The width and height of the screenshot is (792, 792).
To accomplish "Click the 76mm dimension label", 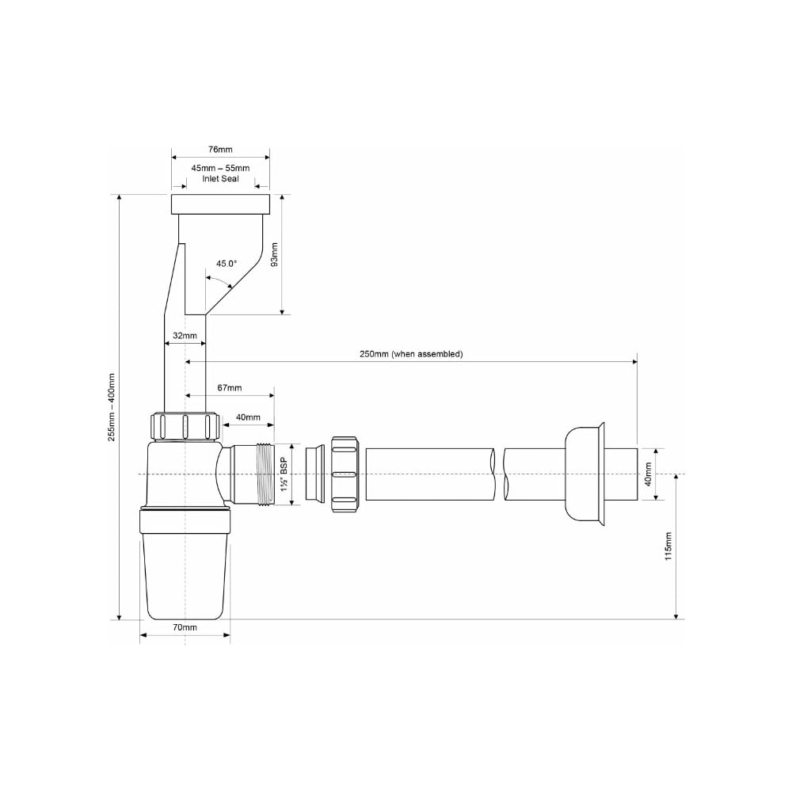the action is (220, 149).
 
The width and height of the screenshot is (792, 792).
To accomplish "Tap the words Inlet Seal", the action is (221, 178).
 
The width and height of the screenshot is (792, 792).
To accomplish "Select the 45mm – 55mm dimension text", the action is (220, 168).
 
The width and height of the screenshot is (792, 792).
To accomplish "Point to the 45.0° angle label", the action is (227, 263).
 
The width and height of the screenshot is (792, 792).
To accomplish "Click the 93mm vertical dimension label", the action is (275, 254).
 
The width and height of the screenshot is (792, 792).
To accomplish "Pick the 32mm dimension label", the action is (185, 335).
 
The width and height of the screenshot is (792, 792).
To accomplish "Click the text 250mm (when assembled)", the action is (411, 353).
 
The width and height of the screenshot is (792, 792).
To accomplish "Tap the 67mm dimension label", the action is (230, 387).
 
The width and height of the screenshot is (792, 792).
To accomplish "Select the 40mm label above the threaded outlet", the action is (248, 417).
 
